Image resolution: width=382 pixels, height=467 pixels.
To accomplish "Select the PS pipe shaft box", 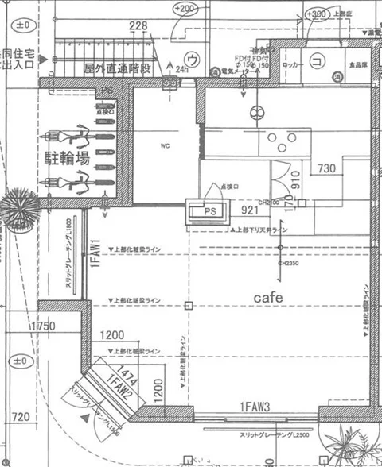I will point(207,212).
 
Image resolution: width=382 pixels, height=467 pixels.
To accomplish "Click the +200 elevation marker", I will point(185,9).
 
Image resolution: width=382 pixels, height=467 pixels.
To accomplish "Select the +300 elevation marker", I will point(318,15).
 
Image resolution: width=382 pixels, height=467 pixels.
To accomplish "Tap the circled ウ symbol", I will point(191,59).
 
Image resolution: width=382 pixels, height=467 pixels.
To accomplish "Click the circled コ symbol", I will point(315,60).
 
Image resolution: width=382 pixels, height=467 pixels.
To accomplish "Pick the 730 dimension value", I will point(326,168).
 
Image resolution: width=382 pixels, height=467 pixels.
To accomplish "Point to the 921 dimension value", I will point(250,210).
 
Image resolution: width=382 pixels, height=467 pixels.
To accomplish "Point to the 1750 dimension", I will point(42,327).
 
